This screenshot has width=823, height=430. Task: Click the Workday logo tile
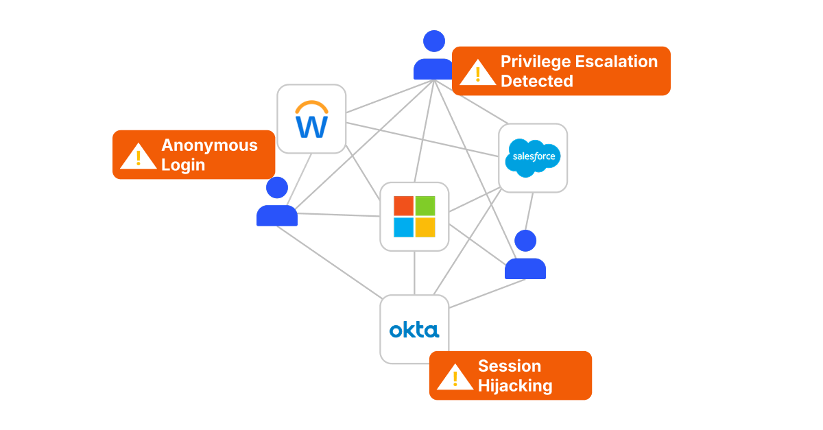point(311,119)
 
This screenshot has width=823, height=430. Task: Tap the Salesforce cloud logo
point(533,157)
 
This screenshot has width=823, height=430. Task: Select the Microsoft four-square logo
point(414,217)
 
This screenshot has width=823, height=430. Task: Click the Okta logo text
point(414,330)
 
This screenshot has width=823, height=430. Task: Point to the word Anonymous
point(209,145)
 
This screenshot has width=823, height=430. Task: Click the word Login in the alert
point(183,165)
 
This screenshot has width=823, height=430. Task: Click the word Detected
point(536,81)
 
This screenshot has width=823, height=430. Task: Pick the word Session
point(509,366)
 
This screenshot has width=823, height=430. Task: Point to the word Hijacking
point(514,385)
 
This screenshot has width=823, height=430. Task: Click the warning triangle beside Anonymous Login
point(138,157)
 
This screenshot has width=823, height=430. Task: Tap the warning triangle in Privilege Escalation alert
point(477,73)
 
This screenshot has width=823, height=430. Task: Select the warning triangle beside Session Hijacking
point(455,377)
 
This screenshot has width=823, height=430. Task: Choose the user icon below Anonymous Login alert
point(277,203)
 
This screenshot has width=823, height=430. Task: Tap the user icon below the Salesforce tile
point(525,256)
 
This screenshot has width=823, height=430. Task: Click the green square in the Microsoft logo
point(425,206)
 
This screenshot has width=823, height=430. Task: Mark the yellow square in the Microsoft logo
point(425,227)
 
